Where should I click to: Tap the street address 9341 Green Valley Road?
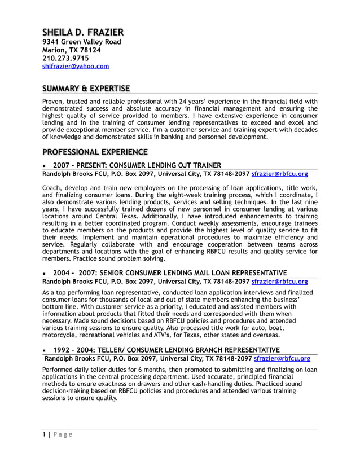[82, 42]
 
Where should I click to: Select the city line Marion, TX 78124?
[72, 50]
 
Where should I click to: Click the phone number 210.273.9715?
[65, 58]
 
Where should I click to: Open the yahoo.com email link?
[76, 66]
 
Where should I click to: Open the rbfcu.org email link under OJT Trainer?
[279, 174]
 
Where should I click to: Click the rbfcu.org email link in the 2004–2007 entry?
[279, 281]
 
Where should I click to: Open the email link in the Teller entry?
[282, 358]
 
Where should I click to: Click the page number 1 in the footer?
[44, 434]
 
